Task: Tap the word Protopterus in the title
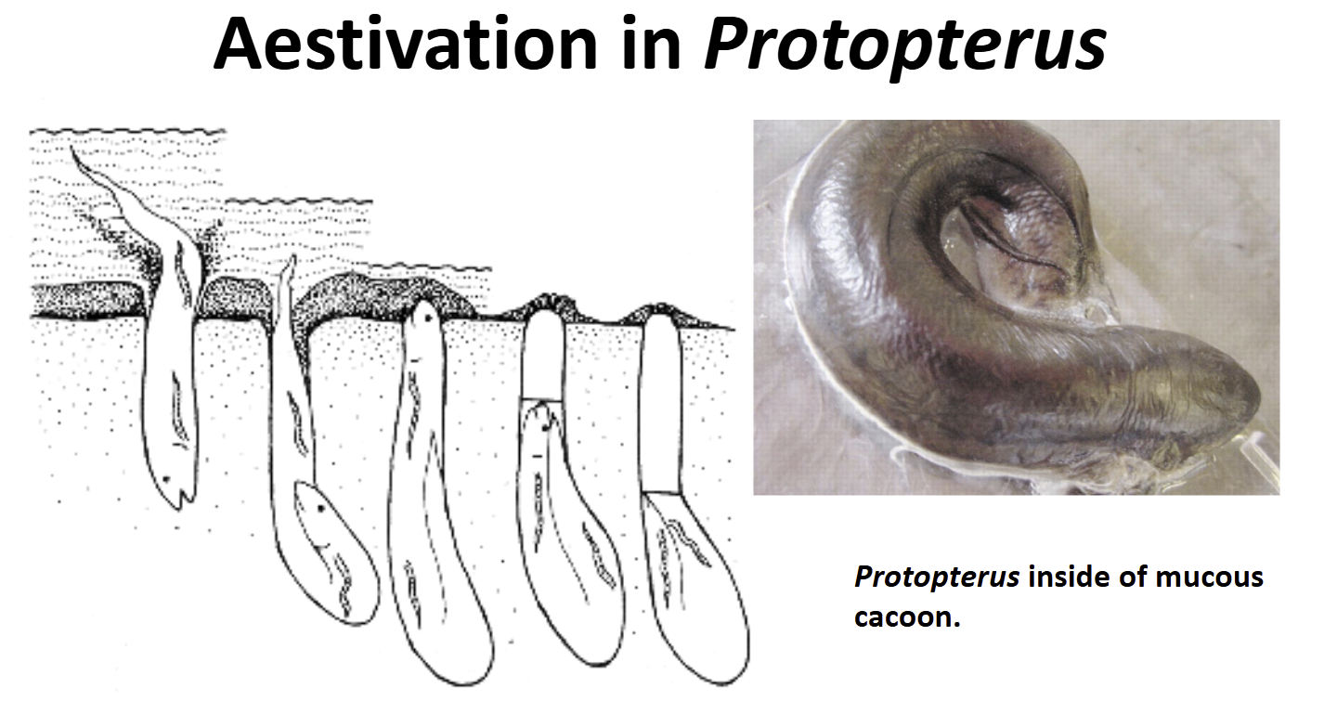(x=905, y=47)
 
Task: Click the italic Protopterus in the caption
(x=937, y=578)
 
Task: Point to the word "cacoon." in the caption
(x=907, y=617)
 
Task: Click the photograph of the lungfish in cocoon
(x=1016, y=307)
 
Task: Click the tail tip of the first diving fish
(x=72, y=148)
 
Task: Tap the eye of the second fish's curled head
(x=320, y=508)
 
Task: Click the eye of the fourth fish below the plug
(x=544, y=427)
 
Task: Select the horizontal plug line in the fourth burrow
(x=542, y=400)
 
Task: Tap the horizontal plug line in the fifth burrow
(x=661, y=492)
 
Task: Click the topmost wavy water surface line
(x=128, y=131)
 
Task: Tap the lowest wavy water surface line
(x=429, y=267)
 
